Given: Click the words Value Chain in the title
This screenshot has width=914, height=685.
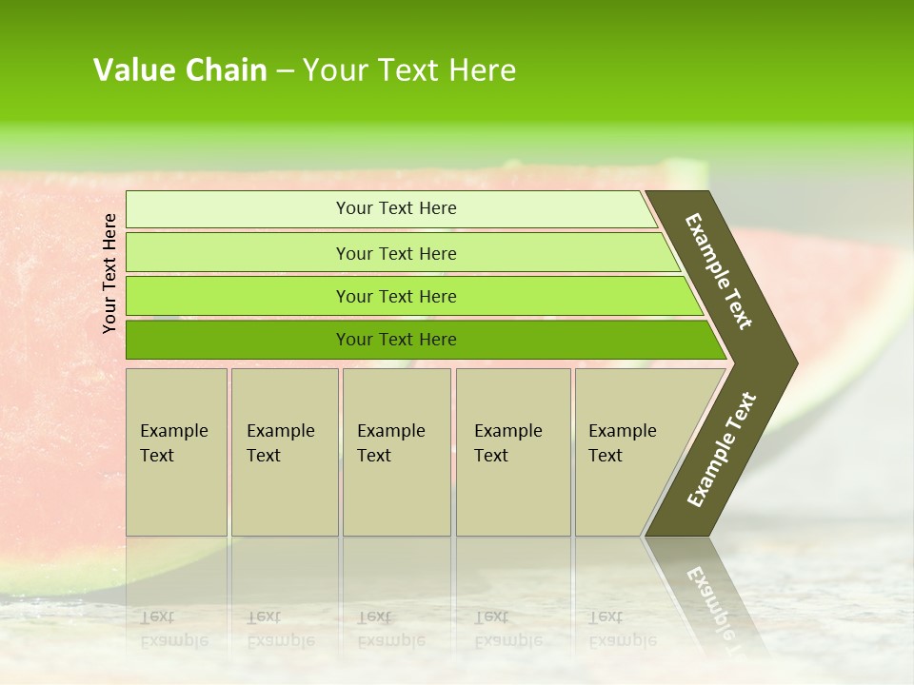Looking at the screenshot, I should [x=180, y=70].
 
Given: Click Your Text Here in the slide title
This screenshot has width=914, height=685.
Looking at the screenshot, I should [x=409, y=70].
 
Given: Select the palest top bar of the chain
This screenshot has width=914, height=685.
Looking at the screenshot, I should [x=238, y=209].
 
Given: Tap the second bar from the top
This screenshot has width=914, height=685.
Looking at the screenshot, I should [x=238, y=253].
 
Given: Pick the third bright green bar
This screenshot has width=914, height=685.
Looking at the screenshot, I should [x=238, y=296].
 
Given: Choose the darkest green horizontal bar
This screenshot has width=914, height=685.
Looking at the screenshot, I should [x=238, y=340].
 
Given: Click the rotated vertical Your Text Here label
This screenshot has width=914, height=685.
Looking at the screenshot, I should [x=109, y=273].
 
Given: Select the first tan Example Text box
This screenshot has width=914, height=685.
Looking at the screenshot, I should [x=176, y=452].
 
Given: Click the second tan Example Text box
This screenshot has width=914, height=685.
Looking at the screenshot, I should [x=284, y=452].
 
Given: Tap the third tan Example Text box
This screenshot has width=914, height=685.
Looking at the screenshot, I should [x=396, y=452].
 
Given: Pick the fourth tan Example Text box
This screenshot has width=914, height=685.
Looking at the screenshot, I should [x=513, y=452].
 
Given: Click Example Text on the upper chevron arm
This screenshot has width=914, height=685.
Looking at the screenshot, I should [x=719, y=272].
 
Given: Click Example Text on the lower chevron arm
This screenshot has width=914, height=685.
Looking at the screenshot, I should [x=721, y=450].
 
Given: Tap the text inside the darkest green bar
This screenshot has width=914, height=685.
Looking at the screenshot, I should [x=396, y=340].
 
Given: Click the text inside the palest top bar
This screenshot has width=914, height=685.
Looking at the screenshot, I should [x=396, y=208].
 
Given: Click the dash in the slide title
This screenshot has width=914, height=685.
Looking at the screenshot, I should [x=285, y=71].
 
